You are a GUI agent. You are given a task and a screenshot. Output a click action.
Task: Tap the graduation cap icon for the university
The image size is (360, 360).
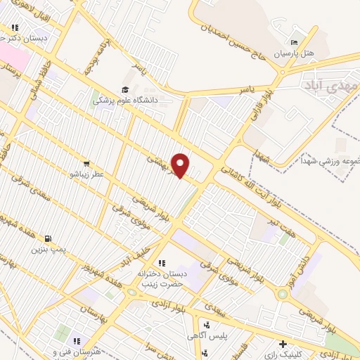coord(125,89)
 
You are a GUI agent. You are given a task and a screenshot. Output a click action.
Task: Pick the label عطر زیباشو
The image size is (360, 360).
coord(86,172)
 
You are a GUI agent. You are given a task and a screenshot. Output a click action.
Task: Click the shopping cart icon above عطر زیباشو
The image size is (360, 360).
coord(86,162)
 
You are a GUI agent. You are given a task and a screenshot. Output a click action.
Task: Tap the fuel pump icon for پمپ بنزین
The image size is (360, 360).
coord(48,238)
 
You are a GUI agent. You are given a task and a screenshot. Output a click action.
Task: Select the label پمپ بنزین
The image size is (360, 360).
coord(49,249)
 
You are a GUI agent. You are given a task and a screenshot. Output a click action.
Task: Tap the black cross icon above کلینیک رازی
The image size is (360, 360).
coord(283,345)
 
